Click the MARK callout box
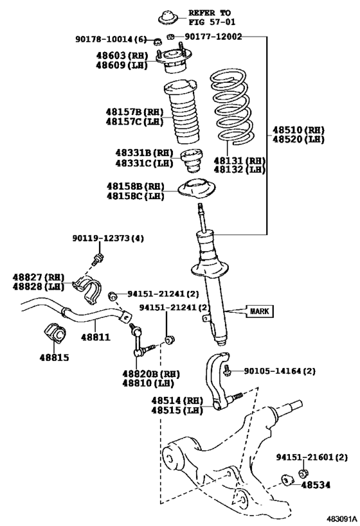click(x=260, y=311)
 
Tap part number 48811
click(x=96, y=337)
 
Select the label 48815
click(x=54, y=358)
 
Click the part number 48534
click(x=316, y=485)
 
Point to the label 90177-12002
click(x=213, y=37)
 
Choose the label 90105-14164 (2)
click(x=280, y=371)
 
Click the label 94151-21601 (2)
click(x=312, y=457)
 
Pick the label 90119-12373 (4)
click(x=108, y=238)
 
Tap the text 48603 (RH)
click(x=122, y=55)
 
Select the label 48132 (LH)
click(x=239, y=170)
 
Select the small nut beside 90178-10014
click(x=156, y=42)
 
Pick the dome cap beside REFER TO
click(x=168, y=18)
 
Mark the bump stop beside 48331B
click(x=192, y=161)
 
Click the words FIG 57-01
click(x=212, y=22)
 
